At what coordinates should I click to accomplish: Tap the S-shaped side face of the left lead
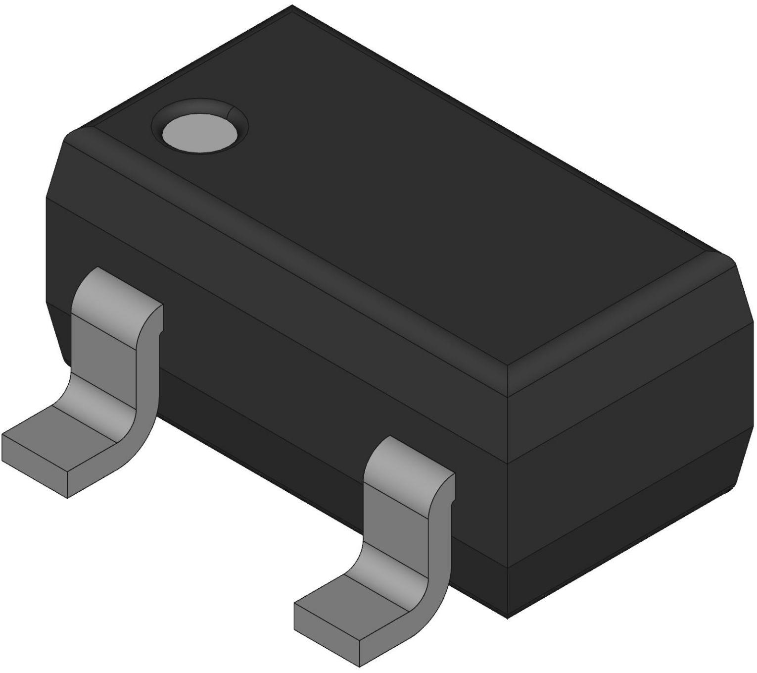tap(146, 376)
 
